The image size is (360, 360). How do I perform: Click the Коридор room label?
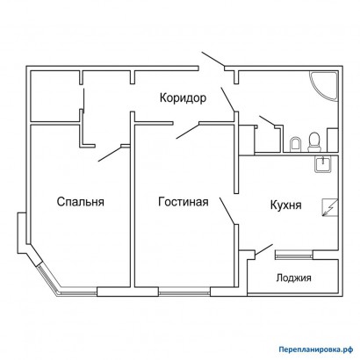pos(183,97)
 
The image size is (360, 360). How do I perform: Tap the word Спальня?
pos(81,202)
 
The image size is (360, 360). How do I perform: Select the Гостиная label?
pos(184,202)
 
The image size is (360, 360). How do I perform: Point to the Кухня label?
pos(285,205)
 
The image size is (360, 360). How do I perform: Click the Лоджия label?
pos(293,277)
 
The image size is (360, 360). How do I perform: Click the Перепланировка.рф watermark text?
pos(316,349)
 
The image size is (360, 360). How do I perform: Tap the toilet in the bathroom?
pos(314,141)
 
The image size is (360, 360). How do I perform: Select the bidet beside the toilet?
pos(295,144)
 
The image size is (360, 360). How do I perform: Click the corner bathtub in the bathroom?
pos(324,86)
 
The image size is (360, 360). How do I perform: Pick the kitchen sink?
pos(323,164)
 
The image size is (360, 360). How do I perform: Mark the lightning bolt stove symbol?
pos(330,207)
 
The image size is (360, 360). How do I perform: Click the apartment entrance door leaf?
pos(213,60)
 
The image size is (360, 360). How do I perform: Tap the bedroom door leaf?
pos(110,154)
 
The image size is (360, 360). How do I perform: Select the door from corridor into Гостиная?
pos(187,131)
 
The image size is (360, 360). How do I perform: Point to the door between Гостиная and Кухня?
pos(227,211)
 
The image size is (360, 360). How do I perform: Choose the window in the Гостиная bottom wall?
pos(184,292)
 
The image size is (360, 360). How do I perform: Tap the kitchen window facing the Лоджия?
pos(294,256)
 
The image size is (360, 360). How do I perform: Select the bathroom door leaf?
pos(267,121)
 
